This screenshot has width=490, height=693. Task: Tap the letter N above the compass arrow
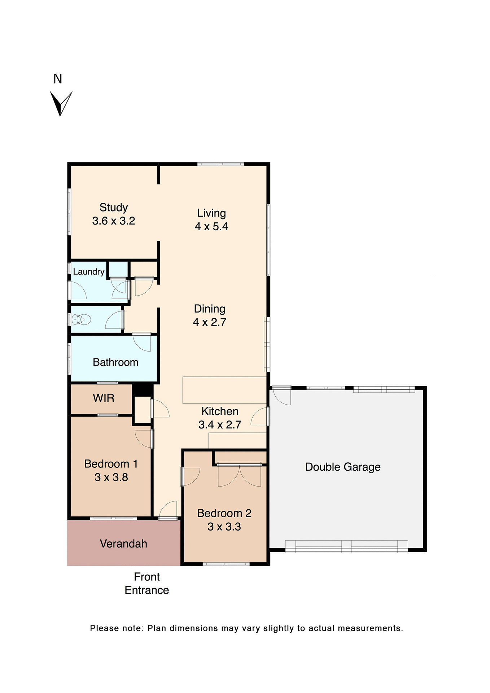click(58, 79)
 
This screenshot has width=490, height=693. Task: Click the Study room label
click(114, 208)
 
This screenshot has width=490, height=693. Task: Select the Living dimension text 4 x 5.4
click(211, 227)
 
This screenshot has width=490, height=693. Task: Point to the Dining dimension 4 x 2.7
click(210, 322)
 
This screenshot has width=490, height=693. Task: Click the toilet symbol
click(81, 319)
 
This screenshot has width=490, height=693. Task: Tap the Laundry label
click(89, 272)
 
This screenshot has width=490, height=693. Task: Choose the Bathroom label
click(115, 362)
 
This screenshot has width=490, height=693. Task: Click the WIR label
click(104, 398)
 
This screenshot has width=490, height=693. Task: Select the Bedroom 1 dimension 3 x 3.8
click(111, 478)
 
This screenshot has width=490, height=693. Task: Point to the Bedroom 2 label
click(224, 513)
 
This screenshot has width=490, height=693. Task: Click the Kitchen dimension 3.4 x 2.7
click(220, 425)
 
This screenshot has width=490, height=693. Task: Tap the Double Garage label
click(343, 467)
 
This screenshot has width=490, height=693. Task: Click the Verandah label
click(123, 544)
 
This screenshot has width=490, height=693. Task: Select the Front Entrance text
click(147, 584)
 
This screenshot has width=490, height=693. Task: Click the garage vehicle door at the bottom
click(346, 546)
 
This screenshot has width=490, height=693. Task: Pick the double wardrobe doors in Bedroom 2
click(239, 475)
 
